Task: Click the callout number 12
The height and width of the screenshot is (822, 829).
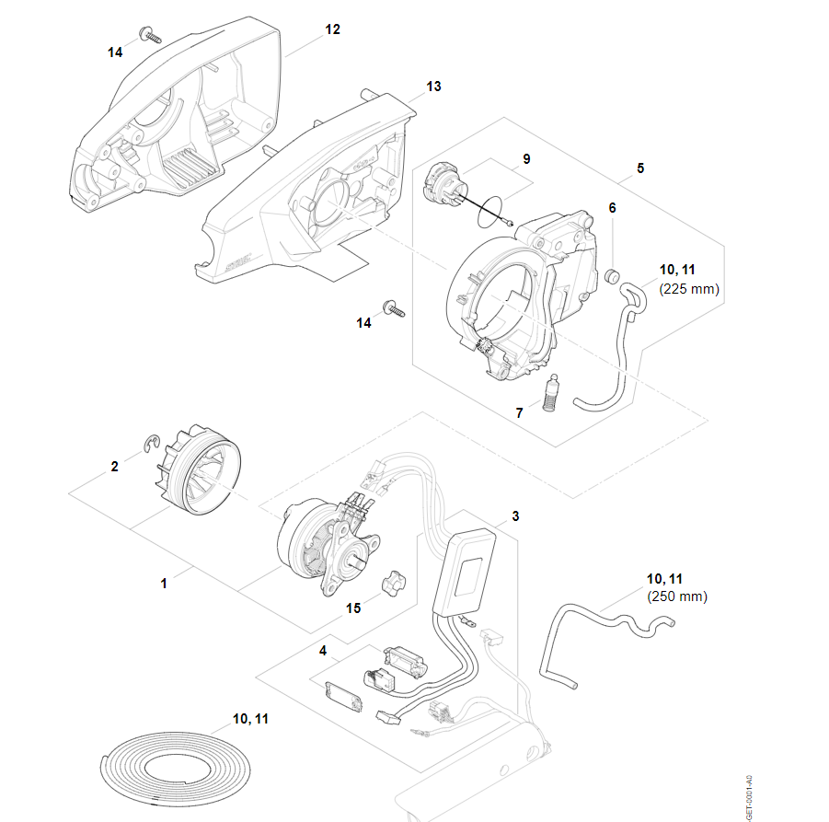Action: coord(332,29)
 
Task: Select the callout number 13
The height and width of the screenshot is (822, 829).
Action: coord(433,86)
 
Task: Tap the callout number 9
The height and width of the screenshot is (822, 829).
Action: coord(526,159)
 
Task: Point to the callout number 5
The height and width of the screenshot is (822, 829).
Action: coord(640,168)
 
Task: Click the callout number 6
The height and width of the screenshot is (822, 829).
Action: coord(612,208)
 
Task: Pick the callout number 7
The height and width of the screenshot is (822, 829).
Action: coord(520,413)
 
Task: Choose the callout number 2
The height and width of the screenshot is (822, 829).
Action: coord(115,467)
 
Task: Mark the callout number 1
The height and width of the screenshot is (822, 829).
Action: coord(164,583)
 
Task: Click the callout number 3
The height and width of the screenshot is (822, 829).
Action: coord(515,516)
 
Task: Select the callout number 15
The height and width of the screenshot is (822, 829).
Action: coord(354,609)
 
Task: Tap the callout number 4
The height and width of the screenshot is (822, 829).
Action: coord(323,651)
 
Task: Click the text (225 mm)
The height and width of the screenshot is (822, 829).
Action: coord(689,288)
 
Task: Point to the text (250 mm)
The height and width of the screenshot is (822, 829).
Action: coord(677,596)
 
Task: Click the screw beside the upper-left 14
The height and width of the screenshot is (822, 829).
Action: coord(150,37)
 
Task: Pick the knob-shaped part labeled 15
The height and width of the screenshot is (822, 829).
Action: coord(394,583)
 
